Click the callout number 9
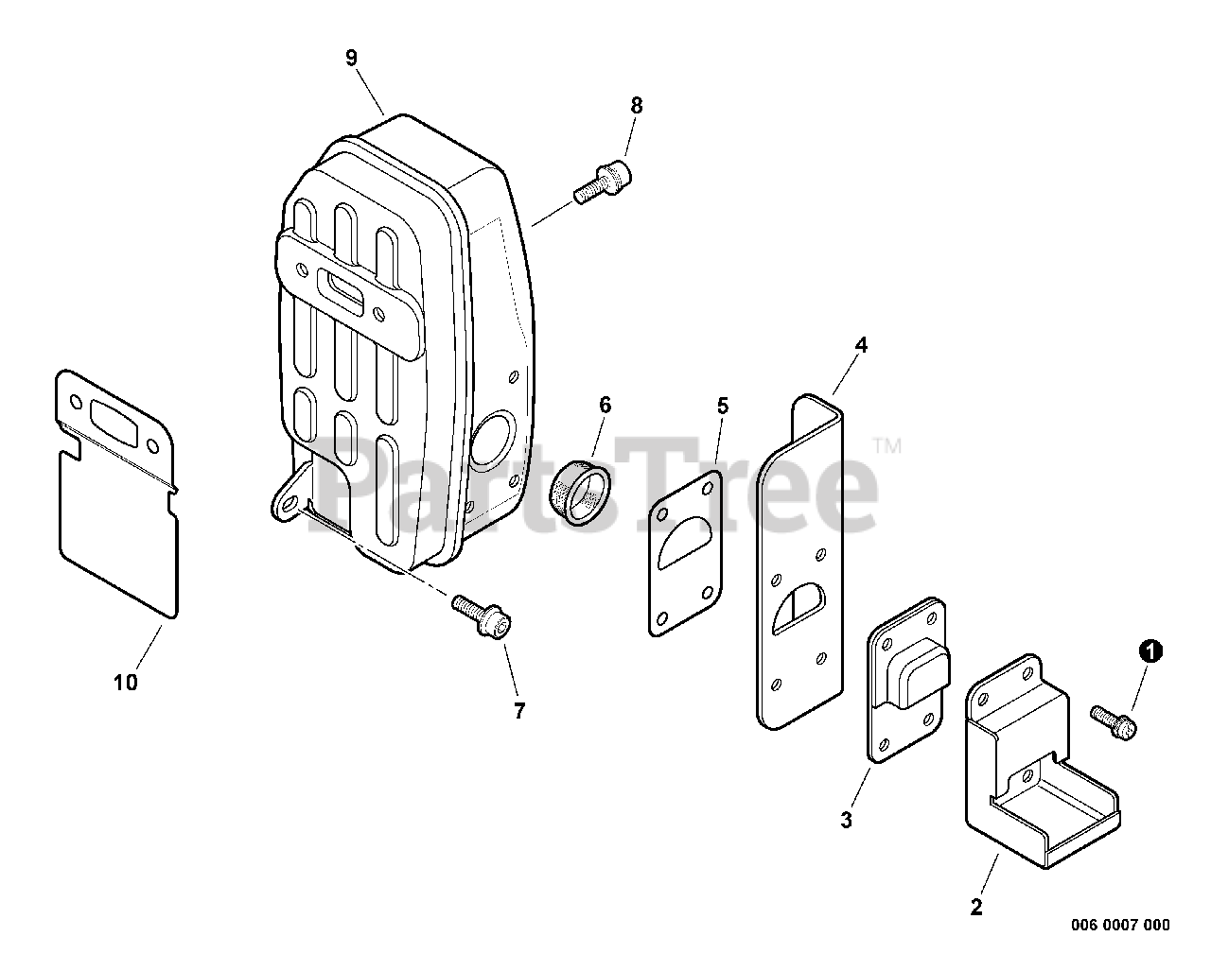(x=351, y=58)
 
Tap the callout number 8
(x=636, y=106)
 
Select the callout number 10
(x=126, y=682)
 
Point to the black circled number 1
(x=1150, y=650)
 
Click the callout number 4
(x=860, y=345)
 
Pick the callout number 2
(x=976, y=907)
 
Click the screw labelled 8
(x=603, y=182)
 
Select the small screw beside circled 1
(x=1114, y=720)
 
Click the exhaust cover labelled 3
(x=906, y=678)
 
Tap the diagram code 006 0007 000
(x=1120, y=925)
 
